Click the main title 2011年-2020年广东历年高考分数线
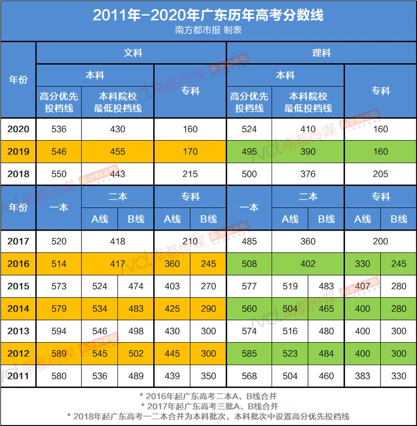208,15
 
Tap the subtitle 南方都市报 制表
208,30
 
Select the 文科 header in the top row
132,53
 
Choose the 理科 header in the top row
321,53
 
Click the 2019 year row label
18,152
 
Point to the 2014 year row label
18,308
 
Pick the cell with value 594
59,331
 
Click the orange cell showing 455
118,152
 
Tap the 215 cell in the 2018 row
190,174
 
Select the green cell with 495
249,152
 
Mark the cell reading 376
308,174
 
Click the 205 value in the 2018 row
381,174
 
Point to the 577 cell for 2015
249,286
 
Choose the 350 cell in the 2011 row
208,375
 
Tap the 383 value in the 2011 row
362,375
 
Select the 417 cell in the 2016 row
118,264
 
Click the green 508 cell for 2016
249,264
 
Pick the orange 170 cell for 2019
190,152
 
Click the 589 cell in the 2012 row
59,353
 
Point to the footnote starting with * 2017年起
208,406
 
